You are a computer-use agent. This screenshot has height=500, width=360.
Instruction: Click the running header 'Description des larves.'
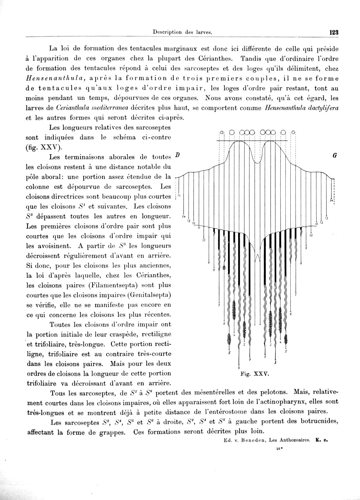(182, 33)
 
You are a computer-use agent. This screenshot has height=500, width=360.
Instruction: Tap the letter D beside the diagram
(177, 155)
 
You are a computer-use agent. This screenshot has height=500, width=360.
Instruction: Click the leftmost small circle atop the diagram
(222, 132)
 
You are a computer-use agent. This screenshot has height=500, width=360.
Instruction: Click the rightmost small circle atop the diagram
(293, 132)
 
